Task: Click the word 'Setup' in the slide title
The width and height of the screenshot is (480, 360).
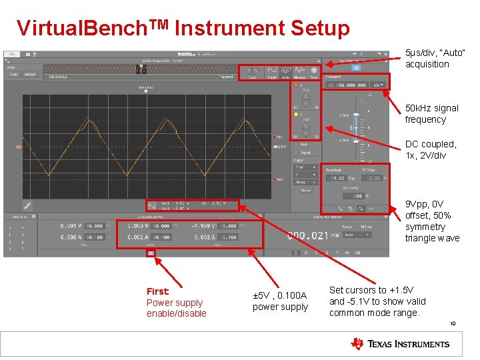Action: click(x=319, y=28)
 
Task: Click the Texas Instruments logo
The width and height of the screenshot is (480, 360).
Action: click(x=400, y=344)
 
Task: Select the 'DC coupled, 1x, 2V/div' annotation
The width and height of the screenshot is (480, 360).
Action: click(x=431, y=149)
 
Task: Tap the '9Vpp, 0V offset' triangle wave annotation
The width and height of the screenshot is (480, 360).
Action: click(x=432, y=221)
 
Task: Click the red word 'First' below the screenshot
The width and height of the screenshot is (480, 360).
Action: click(x=158, y=291)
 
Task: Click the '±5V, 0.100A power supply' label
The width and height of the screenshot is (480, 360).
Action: click(x=280, y=301)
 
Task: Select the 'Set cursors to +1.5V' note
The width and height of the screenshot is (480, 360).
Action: click(x=377, y=301)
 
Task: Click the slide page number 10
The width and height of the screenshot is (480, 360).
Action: click(x=452, y=325)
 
